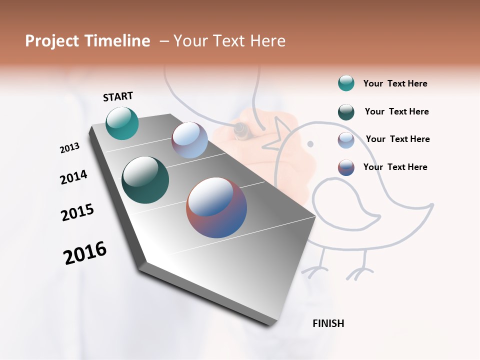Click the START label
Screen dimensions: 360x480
pos(118,96)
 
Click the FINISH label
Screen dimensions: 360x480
pos(328,323)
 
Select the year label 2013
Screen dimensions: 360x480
pos(69,148)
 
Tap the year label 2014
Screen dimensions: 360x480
pos(73,177)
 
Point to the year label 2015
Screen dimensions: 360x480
pos(77,212)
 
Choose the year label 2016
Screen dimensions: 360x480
pos(85,253)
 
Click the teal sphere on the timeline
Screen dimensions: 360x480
pos(122,123)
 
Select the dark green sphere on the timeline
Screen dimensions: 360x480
pos(145,180)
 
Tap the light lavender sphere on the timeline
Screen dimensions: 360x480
pos(189,140)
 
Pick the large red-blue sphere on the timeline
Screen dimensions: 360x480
pos(216,207)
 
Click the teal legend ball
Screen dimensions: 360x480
pos(346,83)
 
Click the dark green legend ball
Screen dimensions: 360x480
pos(346,112)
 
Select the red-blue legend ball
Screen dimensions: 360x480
pos(346,167)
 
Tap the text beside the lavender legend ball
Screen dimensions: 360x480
pos(397,139)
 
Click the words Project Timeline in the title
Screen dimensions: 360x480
pos(87,41)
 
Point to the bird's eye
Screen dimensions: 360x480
pos(310,144)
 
